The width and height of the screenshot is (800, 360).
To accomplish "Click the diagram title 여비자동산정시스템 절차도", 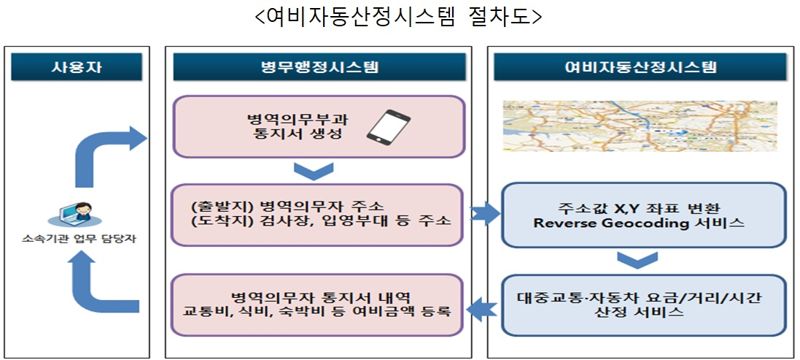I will point(400,17).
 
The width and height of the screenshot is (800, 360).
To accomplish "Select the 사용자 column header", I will point(76,68).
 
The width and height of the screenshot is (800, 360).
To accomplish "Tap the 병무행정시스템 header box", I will point(319,68).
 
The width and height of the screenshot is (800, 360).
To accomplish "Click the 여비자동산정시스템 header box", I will point(639,68).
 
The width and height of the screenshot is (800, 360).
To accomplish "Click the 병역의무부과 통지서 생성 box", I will point(318,128).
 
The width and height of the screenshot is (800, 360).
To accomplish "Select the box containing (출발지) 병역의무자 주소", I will point(318,212).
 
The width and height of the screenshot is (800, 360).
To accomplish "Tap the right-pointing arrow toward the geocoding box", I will point(484,212).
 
